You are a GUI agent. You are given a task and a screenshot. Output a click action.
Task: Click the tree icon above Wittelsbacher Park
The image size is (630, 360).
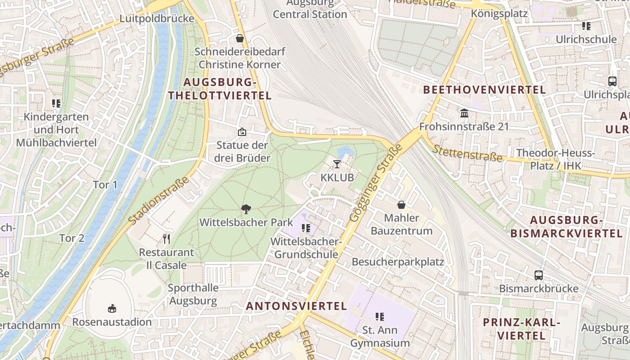246,209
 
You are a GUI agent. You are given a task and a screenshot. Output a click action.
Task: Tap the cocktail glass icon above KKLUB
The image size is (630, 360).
337,164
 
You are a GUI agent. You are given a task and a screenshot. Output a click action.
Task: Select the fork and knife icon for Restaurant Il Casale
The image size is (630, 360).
166,238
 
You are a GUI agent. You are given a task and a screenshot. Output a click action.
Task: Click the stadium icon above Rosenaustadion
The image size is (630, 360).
112,308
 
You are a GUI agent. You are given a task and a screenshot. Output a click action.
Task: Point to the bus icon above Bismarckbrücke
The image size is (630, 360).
539,275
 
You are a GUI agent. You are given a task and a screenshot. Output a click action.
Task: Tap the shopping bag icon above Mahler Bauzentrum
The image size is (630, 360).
401,205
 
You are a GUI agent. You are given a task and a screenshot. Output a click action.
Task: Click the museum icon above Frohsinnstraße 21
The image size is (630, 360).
464,113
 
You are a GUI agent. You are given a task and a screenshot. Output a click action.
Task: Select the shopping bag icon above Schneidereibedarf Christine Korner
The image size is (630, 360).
240,38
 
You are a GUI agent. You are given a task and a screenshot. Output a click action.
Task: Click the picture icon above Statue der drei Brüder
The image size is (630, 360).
242,132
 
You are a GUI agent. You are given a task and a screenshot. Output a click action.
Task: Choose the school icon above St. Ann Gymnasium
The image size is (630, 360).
380,317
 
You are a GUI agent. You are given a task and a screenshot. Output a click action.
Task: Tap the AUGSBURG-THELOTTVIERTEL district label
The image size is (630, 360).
220,89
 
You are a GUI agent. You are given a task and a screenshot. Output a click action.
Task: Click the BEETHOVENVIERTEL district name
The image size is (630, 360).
485,90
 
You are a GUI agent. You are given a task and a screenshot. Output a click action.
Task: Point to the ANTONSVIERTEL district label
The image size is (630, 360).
297,306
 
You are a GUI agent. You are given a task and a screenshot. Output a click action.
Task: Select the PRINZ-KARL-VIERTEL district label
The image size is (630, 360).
522,329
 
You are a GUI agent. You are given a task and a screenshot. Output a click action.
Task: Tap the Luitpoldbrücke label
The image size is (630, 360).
157,18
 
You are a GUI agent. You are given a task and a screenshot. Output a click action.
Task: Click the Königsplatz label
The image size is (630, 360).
499,13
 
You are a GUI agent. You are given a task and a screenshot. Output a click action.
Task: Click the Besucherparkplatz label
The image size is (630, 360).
398,262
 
